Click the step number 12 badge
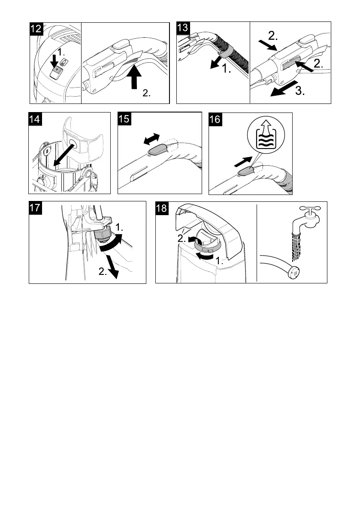36,29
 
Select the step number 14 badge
35,119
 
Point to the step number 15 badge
124,119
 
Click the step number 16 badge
215,119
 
